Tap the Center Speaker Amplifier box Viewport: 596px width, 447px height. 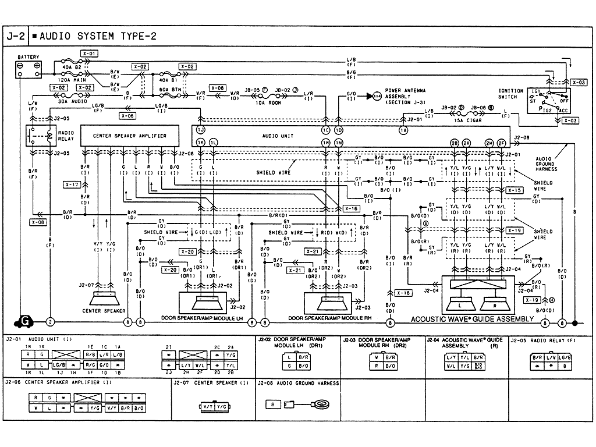coord(129,136)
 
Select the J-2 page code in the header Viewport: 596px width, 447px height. coord(16,36)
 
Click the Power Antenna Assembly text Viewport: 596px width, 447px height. coord(406,97)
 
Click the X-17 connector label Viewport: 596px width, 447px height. coord(72,185)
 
